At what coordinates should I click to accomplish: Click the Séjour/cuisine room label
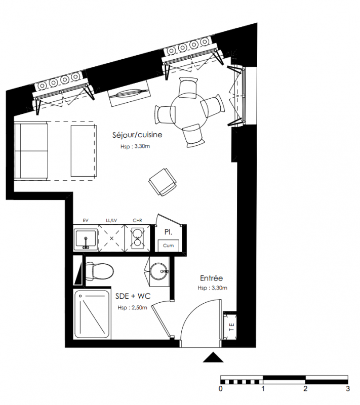pos(137,135)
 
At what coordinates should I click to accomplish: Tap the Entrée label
pos(211,278)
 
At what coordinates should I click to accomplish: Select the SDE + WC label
pos(133,296)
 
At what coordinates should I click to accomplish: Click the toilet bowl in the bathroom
pos(99,271)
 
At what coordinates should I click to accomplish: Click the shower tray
pos(92,314)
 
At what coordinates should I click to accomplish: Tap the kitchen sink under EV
pos(86,239)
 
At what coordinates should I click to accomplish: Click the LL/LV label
pos(111,220)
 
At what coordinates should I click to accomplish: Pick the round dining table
pos(189,112)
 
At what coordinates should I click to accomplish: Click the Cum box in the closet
pos(169,246)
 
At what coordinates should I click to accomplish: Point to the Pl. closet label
pos(169,232)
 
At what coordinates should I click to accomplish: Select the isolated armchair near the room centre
pos(163,182)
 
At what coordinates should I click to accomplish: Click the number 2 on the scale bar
pos(305,389)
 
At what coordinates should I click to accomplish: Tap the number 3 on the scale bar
pos(348,389)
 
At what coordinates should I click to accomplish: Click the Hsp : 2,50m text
pos(132,308)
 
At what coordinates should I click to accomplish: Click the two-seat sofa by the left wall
pos(31,151)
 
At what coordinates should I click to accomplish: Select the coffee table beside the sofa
pos(84,151)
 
